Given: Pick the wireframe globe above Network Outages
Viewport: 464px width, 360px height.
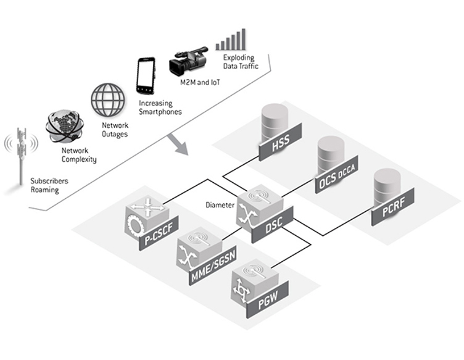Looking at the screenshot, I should click(x=108, y=101).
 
